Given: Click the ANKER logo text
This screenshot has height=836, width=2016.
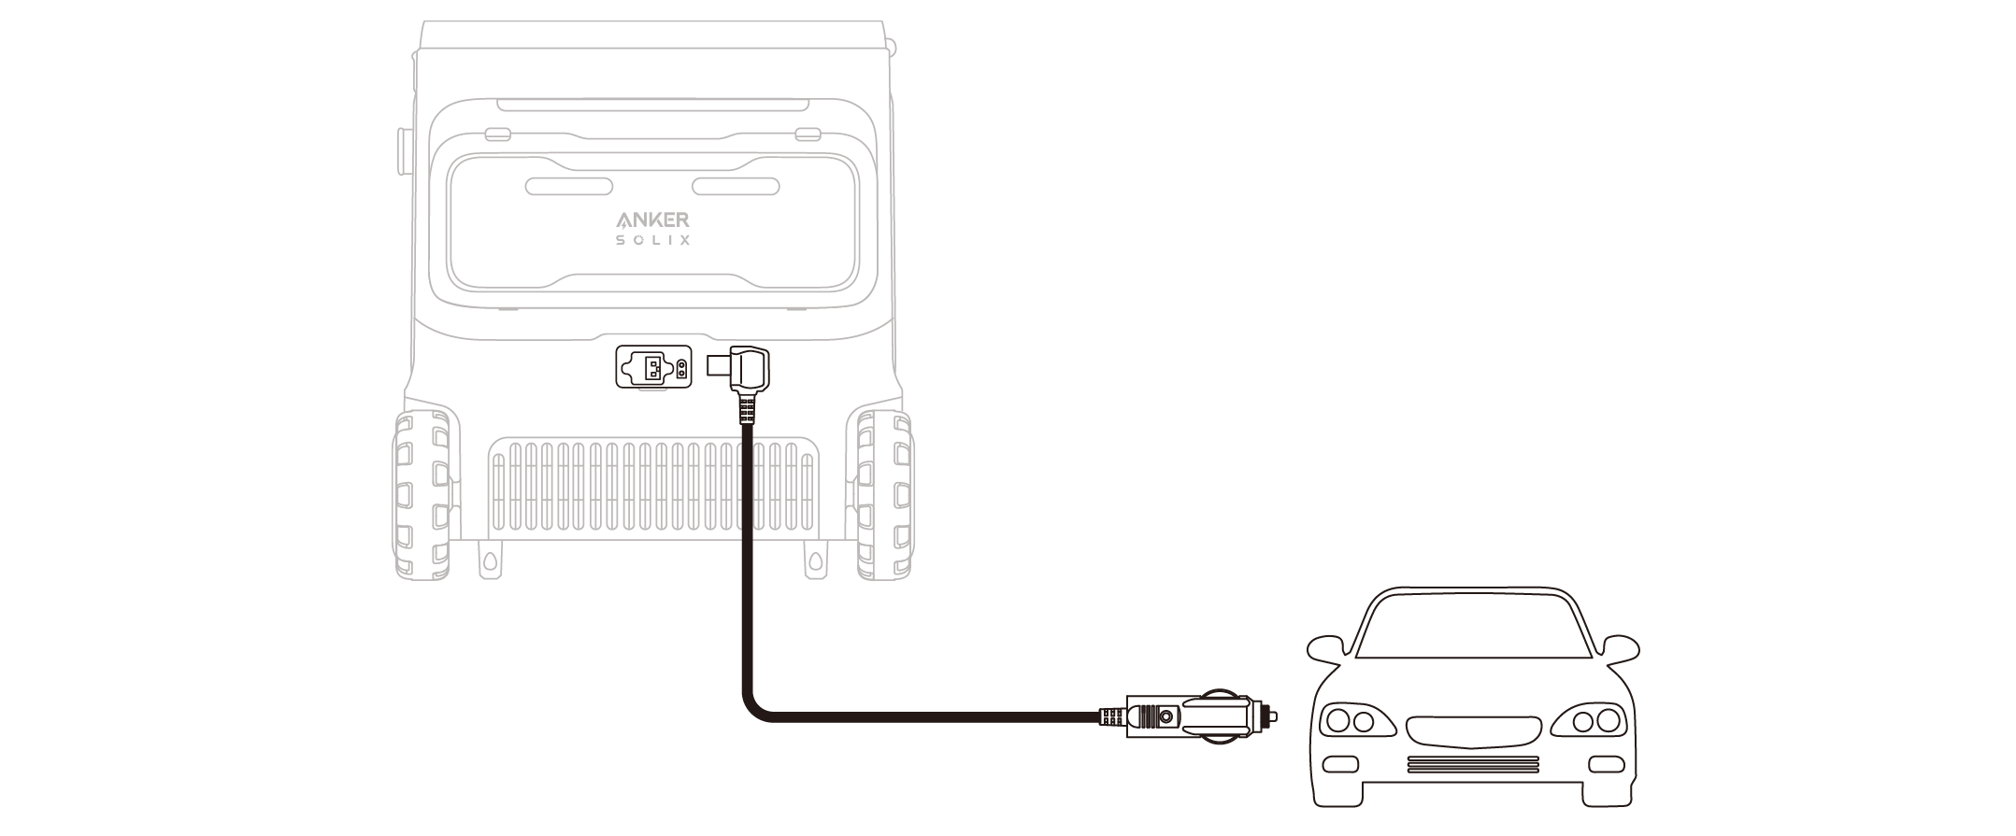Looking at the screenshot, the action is (x=652, y=220).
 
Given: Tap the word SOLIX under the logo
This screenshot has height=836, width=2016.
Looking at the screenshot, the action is (x=653, y=241).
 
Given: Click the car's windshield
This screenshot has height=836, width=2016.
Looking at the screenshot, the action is (x=1472, y=628).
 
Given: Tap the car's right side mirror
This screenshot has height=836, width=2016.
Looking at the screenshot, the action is (x=1617, y=650).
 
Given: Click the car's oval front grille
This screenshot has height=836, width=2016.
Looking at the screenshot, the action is (x=1473, y=732).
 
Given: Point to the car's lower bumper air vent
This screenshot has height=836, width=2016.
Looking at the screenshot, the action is (x=1473, y=764).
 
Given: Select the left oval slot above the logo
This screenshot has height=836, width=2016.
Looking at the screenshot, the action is (x=568, y=187).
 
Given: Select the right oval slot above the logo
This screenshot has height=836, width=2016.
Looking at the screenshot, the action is (x=736, y=187).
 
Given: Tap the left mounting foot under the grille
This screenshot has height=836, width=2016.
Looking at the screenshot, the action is (x=488, y=560).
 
